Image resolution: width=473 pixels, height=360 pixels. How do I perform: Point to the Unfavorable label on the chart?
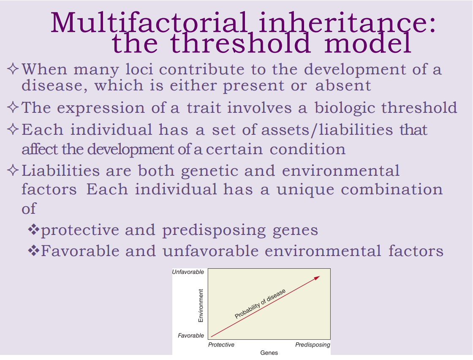pyautogui.click(x=188, y=272)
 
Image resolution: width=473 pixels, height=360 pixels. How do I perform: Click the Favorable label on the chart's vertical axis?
pyautogui.click(x=191, y=335)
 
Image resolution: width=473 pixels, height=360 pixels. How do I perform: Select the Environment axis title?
pyautogui.click(x=201, y=305)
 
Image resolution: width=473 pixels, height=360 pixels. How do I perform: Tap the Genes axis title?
pyautogui.click(x=269, y=353)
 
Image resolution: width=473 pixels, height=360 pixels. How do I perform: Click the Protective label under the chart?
pyautogui.click(x=221, y=345)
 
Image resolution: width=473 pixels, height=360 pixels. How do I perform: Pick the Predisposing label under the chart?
pyautogui.click(x=313, y=345)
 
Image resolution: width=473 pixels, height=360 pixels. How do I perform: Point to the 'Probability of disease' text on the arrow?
pyautogui.click(x=260, y=304)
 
